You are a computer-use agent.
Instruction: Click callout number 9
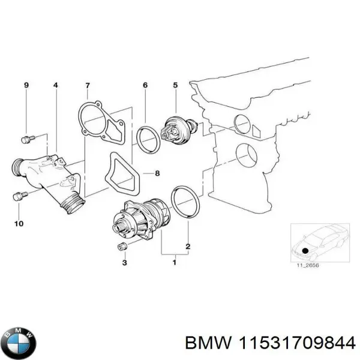[26, 86]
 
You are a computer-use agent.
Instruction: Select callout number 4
[56, 86]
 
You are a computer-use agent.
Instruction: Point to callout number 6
[145, 86]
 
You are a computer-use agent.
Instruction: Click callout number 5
[175, 86]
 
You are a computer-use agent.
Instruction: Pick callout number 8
[157, 174]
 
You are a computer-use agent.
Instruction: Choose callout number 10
[18, 224]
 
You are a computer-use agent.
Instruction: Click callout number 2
[188, 247]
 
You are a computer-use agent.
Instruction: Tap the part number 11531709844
[298, 343]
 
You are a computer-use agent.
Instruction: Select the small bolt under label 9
[26, 139]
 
